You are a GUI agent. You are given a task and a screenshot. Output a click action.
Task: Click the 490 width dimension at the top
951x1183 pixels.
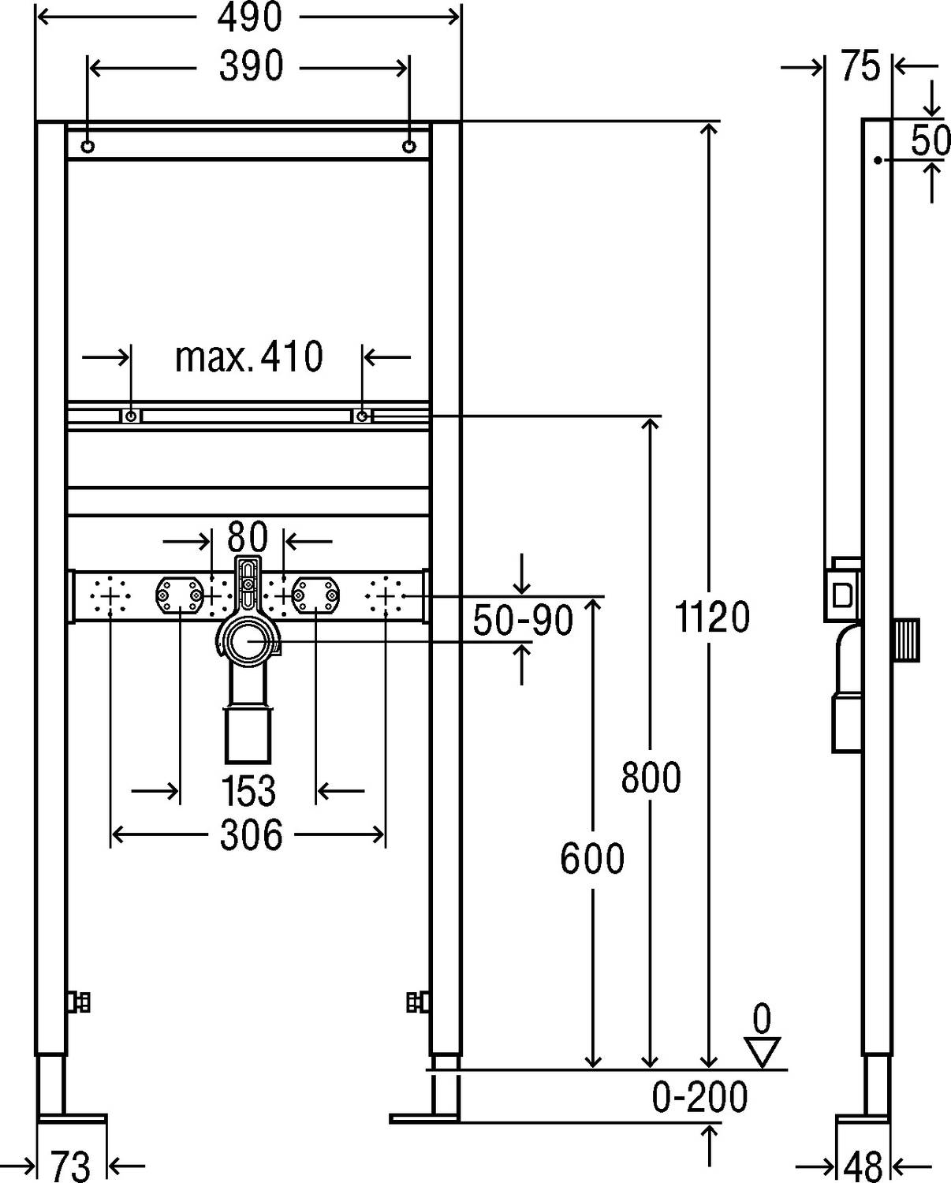(x=249, y=17)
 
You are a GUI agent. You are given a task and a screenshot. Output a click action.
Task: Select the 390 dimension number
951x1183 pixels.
(x=251, y=66)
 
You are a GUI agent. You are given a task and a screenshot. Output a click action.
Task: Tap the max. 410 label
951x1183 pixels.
(x=249, y=356)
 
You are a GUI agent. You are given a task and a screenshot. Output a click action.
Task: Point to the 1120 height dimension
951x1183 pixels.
(x=712, y=617)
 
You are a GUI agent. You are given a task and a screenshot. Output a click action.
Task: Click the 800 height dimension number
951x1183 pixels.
(x=651, y=778)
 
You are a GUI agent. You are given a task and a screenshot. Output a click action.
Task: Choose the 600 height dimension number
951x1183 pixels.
(x=592, y=858)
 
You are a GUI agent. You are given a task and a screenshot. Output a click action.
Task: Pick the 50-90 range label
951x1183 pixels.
(x=523, y=621)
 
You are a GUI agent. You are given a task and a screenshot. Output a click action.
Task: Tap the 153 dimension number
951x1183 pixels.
(x=248, y=791)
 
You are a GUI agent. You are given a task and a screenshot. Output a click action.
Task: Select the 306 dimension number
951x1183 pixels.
(x=252, y=834)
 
